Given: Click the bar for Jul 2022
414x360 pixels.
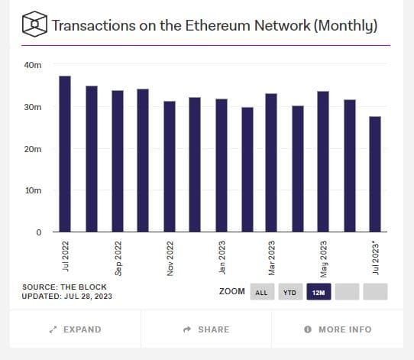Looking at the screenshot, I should (65, 154).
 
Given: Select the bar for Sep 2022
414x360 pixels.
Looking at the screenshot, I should (117, 161).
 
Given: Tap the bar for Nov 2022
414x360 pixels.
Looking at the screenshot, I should (169, 166).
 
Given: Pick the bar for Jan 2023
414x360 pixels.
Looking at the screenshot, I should (221, 165).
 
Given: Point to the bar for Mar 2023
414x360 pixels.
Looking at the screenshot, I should (271, 162).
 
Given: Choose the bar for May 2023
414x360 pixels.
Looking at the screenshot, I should (323, 161).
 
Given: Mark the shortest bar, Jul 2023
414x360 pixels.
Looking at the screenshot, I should (375, 174).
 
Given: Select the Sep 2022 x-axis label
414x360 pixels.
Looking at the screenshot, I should (118, 258).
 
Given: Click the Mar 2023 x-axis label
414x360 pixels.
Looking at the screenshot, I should (272, 258).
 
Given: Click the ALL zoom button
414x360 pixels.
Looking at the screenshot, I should (261, 292).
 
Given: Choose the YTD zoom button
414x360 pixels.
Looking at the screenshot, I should (290, 292).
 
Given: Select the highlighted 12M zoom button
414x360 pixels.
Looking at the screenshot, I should (319, 292).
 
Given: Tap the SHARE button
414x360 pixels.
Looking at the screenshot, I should (206, 329).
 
